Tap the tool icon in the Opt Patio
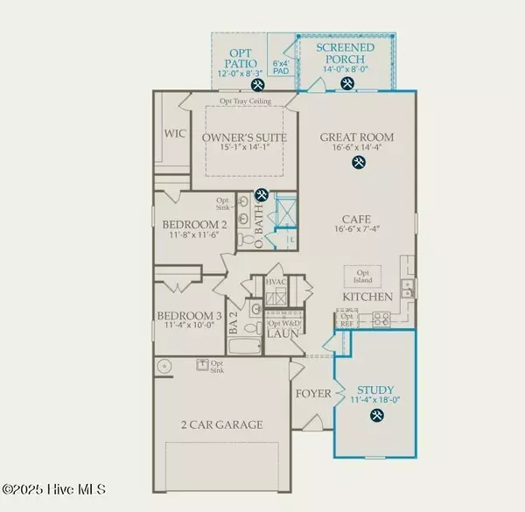[x=257, y=85]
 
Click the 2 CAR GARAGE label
[x=222, y=424]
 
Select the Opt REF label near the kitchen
[x=346, y=319]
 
